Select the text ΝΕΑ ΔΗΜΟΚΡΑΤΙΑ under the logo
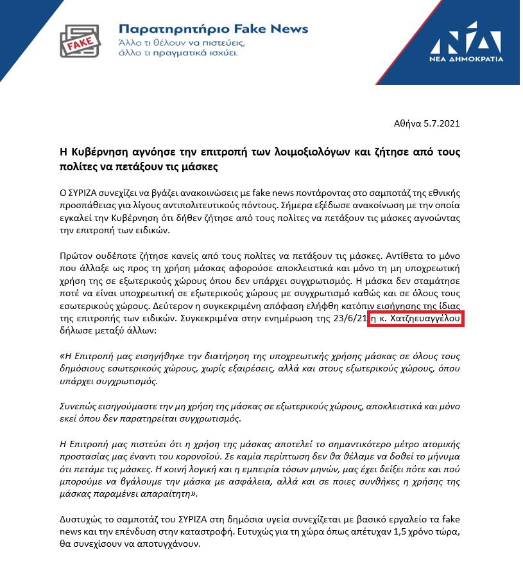click(x=467, y=58)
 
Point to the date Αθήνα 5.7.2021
click(x=427, y=123)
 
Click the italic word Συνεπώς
click(x=78, y=407)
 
